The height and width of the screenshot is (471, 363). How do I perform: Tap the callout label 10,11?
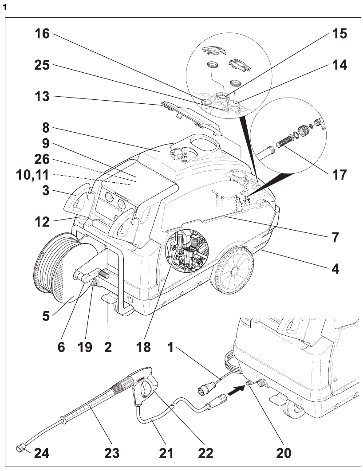pyautogui.click(x=28, y=177)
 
